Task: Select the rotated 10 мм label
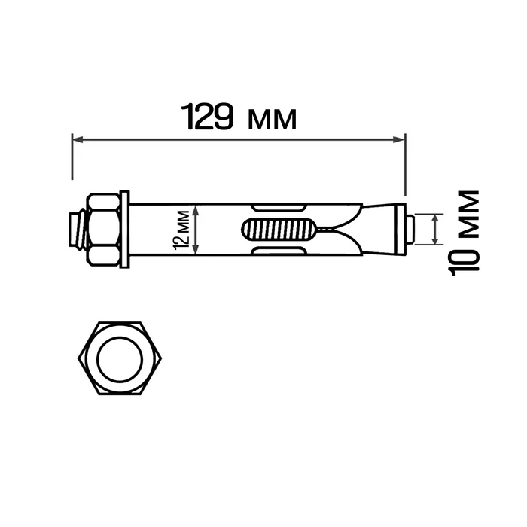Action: coord(466,233)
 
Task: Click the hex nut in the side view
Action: coord(104,229)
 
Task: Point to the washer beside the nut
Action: coord(125,229)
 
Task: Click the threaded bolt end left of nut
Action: coord(76,229)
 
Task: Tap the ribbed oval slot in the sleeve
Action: coord(277,229)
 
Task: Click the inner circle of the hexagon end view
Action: coord(120,358)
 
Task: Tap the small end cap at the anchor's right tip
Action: coord(407,229)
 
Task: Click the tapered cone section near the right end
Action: coord(380,229)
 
